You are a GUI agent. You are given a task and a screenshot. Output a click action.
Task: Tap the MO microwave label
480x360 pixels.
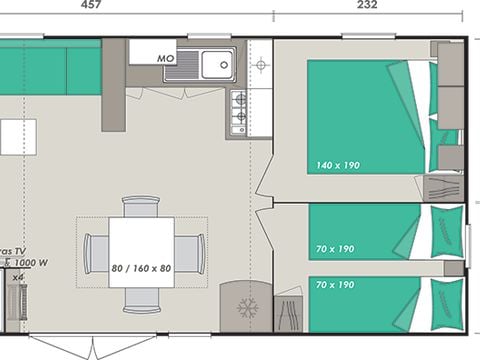point(166,59)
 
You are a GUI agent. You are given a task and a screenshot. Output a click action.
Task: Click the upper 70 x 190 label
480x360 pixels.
point(332,249)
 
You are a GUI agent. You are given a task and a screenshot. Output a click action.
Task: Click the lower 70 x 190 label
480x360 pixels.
point(332,285)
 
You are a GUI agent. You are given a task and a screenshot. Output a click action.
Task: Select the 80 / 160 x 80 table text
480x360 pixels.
point(141,269)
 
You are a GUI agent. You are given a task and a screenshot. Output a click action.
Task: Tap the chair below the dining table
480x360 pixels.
point(141,298)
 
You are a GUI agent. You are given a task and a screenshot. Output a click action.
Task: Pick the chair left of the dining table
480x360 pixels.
point(96,252)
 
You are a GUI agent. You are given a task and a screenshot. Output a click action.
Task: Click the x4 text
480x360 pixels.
point(17,277)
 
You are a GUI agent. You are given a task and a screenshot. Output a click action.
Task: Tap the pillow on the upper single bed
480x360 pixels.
point(447,231)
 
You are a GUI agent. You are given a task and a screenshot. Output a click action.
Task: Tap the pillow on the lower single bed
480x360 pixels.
point(447,303)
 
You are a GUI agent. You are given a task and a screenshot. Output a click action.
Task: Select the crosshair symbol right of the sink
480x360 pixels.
point(260,64)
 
